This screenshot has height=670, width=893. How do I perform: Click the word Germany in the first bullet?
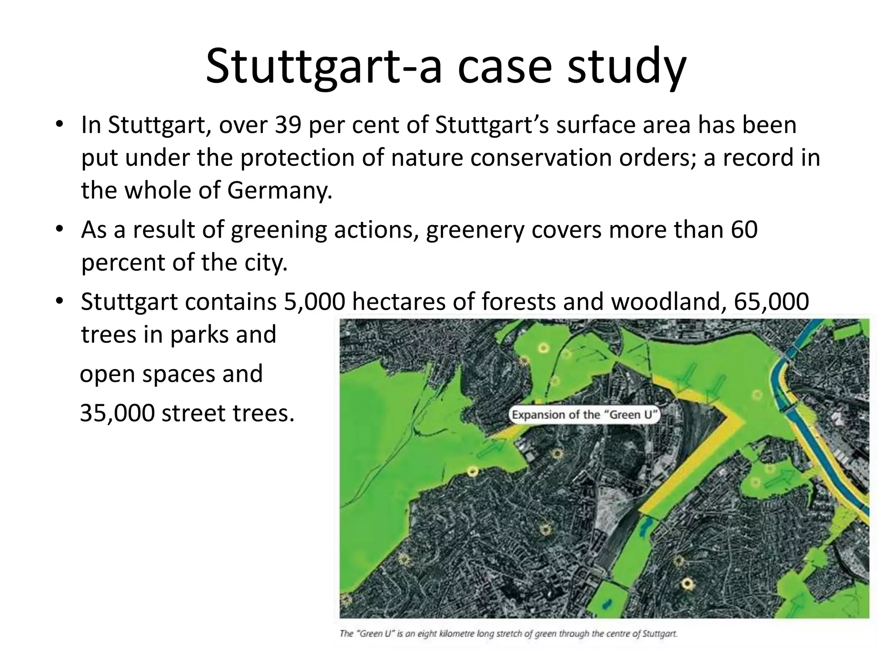(x=279, y=191)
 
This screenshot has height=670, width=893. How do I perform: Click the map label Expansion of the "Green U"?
(x=584, y=414)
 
